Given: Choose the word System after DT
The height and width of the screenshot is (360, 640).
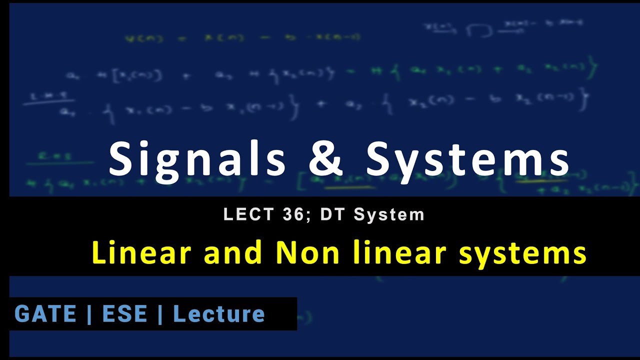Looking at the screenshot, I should [389, 214].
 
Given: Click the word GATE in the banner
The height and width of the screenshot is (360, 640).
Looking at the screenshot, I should [45, 314].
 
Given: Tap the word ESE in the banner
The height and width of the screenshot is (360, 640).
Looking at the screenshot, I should [124, 314].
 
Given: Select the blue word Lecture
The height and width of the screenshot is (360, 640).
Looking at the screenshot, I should [218, 314].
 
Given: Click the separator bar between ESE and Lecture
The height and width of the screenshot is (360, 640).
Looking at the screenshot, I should [160, 314].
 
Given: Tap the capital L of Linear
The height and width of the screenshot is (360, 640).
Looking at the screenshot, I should [99, 253].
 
